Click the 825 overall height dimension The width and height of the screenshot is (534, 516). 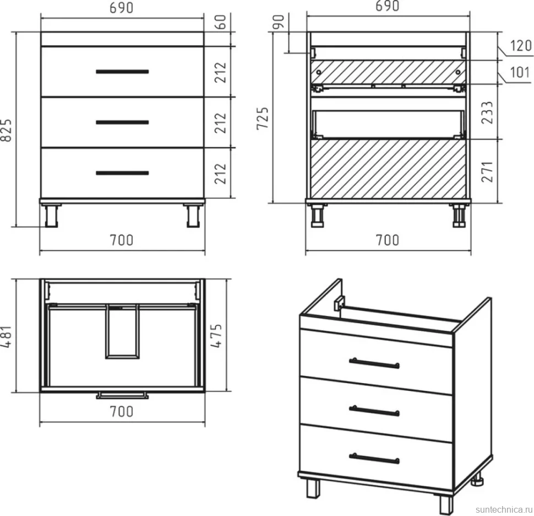(7, 130)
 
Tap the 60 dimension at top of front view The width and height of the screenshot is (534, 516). (221, 22)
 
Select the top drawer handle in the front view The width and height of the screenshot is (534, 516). (122, 72)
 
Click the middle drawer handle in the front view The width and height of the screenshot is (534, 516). (122, 122)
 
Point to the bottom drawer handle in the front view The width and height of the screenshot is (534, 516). (122, 173)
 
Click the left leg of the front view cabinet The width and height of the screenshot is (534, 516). (51, 216)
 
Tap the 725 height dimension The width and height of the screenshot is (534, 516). (263, 119)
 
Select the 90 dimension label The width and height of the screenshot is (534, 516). (279, 22)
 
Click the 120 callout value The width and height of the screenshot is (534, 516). (521, 46)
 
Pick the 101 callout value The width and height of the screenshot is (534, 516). (520, 73)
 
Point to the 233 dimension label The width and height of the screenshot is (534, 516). (487, 112)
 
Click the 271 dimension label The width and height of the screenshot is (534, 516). (487, 171)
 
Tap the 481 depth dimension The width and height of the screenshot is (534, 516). (7, 337)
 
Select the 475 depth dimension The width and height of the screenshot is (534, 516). (216, 336)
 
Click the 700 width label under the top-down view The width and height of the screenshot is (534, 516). (122, 412)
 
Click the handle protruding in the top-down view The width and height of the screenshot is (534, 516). (122, 395)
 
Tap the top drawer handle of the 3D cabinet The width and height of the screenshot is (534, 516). (374, 363)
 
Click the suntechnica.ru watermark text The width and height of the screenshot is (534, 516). (504, 510)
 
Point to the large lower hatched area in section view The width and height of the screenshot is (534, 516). (388, 169)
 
